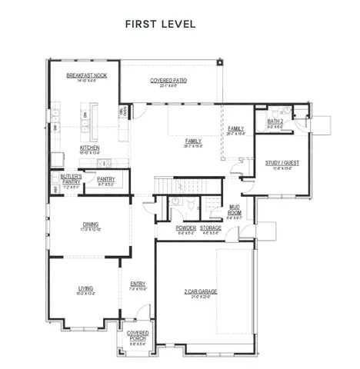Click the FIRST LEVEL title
coord(160,24)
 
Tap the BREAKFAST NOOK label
coord(86,75)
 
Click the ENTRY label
coord(138,285)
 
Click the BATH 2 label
coord(275,121)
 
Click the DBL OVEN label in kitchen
coord(122,112)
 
